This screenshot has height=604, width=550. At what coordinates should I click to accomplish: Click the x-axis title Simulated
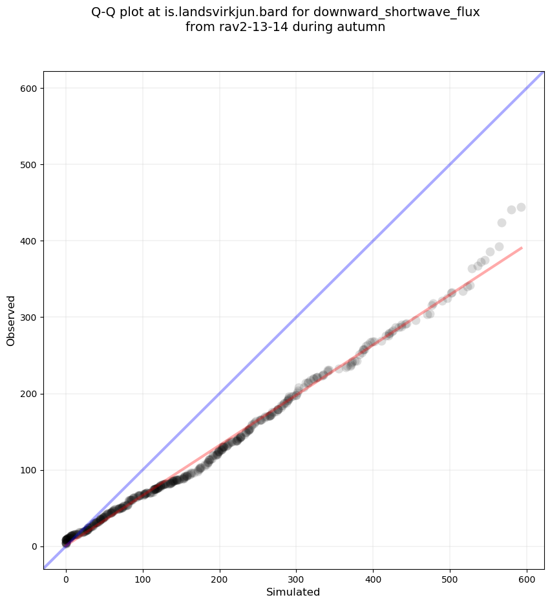click(x=293, y=592)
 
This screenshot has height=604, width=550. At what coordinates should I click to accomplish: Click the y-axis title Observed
click(x=11, y=321)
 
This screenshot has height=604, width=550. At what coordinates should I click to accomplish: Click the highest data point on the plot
click(x=521, y=208)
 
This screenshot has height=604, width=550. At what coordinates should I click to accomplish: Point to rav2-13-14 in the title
click(x=245, y=27)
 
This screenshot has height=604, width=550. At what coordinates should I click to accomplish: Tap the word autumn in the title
click(x=363, y=27)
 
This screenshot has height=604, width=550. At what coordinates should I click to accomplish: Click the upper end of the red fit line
click(x=521, y=248)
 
